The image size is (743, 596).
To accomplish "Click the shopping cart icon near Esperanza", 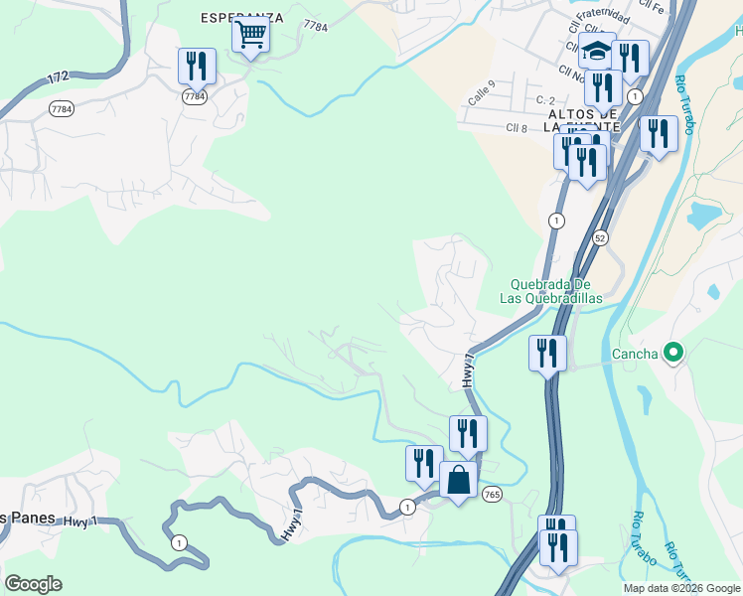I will pos(251,36).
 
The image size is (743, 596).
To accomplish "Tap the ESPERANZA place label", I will pos(242,18).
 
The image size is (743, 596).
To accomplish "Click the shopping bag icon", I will pos(458,481).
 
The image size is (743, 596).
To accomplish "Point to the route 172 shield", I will pos(58,75).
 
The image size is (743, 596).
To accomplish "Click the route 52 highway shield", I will pos(600,237).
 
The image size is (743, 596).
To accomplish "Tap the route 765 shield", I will pos(491,494).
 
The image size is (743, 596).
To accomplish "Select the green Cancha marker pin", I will pos(673,352).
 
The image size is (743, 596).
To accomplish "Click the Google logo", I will pos(33,584).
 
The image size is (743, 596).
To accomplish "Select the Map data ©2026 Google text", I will pos(680,588).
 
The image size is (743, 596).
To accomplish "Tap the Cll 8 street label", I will pos(517,127).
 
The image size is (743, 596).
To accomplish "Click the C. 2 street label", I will pos(544,100).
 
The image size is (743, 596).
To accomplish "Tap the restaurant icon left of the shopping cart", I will pos(197,67).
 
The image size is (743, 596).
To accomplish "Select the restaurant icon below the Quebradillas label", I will pos(546,354).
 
